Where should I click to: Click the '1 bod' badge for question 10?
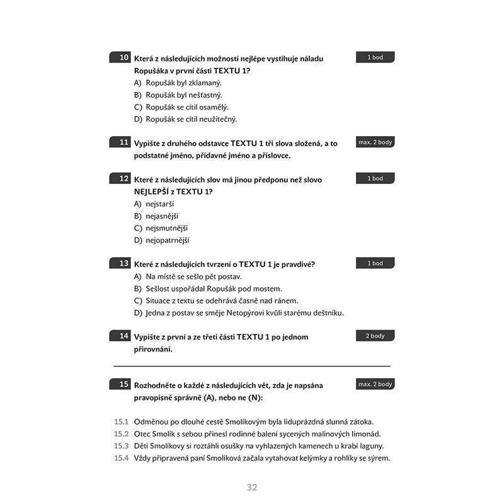pos(375,57)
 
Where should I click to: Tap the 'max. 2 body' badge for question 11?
pos(375,142)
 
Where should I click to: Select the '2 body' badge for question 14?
pos(375,336)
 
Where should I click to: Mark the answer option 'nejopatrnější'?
pos(167,240)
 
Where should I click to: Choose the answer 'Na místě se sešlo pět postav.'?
pos(193,276)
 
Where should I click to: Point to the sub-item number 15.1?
pos(122,422)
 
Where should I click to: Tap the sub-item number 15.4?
pos(122,458)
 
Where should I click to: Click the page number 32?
pos(252,487)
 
